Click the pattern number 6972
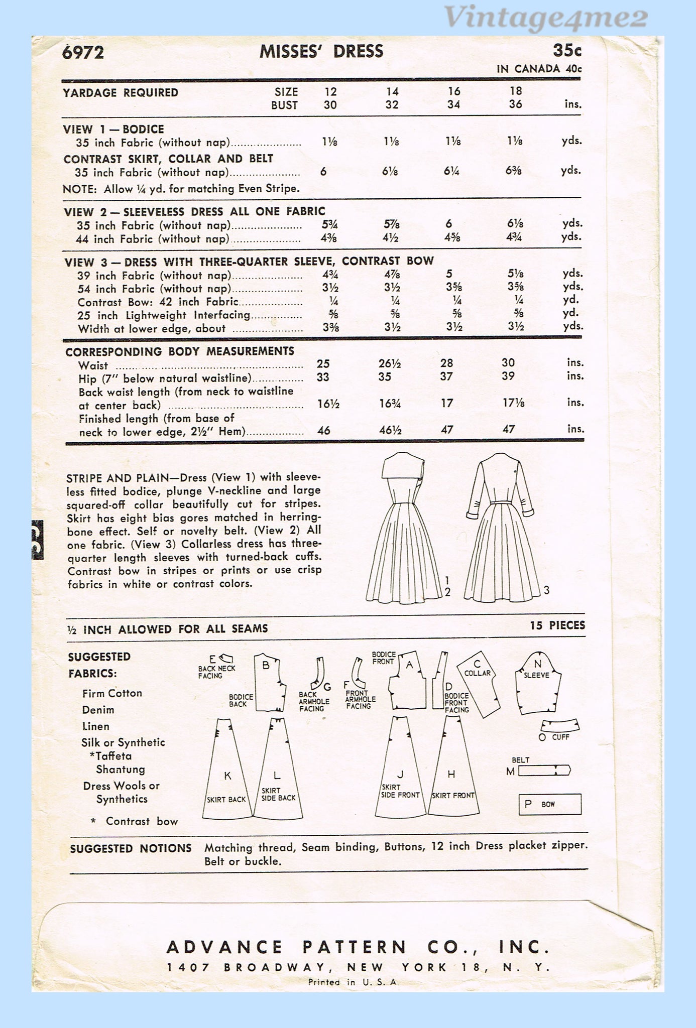click(x=83, y=52)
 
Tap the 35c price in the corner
click(x=567, y=51)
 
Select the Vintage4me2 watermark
click(x=545, y=19)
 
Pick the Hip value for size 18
click(x=508, y=376)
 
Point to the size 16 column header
click(x=453, y=91)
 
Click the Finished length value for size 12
click(x=324, y=430)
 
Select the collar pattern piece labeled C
click(x=479, y=683)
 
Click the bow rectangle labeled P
click(x=550, y=804)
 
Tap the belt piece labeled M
click(x=544, y=770)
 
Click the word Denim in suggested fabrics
click(x=98, y=710)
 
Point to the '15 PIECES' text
click(x=557, y=625)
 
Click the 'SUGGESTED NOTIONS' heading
click(x=131, y=848)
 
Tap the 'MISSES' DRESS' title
click(x=321, y=51)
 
